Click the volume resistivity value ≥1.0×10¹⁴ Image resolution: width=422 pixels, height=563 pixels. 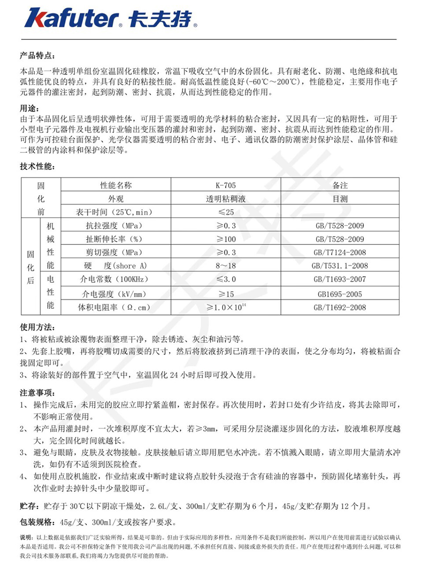pos(226,307)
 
